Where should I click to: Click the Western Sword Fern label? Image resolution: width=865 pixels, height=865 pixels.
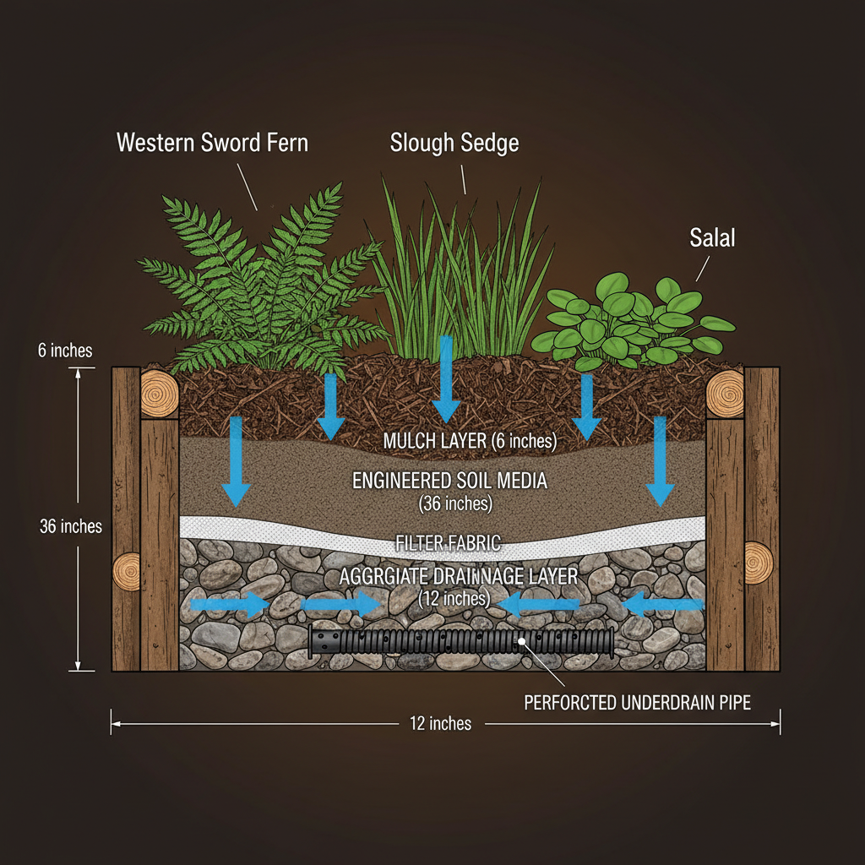point(212,142)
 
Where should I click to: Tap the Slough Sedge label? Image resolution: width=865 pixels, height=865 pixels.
point(454,143)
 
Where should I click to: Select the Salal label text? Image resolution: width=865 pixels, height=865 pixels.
point(712,238)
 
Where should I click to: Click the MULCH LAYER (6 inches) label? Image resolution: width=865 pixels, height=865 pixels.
point(471,441)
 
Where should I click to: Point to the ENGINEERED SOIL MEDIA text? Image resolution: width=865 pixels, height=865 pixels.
point(449,481)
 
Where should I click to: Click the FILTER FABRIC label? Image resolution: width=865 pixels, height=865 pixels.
point(449,543)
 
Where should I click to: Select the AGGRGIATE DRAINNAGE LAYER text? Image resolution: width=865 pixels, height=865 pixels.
point(458,577)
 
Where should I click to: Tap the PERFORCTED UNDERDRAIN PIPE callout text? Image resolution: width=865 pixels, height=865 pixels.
point(637,702)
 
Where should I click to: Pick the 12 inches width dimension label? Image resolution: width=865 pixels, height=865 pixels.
point(440,723)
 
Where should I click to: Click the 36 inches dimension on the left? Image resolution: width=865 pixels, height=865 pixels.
point(71,526)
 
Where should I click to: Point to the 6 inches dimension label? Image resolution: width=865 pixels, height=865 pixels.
point(65,350)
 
